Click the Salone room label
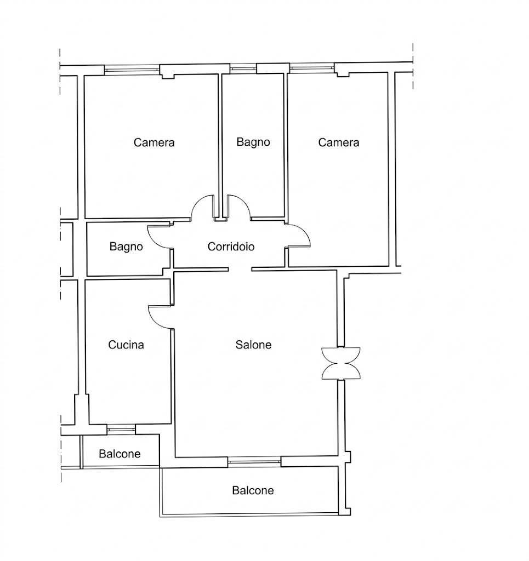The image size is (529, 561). pos(253,345)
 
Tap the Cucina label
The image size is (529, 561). pos(126,345)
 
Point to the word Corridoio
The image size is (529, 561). pos(231,247)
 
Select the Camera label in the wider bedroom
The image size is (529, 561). pos(154,142)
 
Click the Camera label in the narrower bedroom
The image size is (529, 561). pos(339,142)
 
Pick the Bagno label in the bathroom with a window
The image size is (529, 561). pos(253,142)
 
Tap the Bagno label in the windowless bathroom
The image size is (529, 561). pos(126,247)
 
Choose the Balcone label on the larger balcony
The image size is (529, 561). pos(253,490)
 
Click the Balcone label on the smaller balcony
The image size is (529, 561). pos(120,454)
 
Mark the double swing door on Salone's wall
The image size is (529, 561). pos(341,363)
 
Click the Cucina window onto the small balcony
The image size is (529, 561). pos(121,428)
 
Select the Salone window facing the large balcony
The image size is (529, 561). pos(254,461)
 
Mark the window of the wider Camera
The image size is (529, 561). pos(132,70)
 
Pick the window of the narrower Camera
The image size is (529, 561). pos(312,67)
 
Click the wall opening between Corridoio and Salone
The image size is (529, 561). pos(240,269)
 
